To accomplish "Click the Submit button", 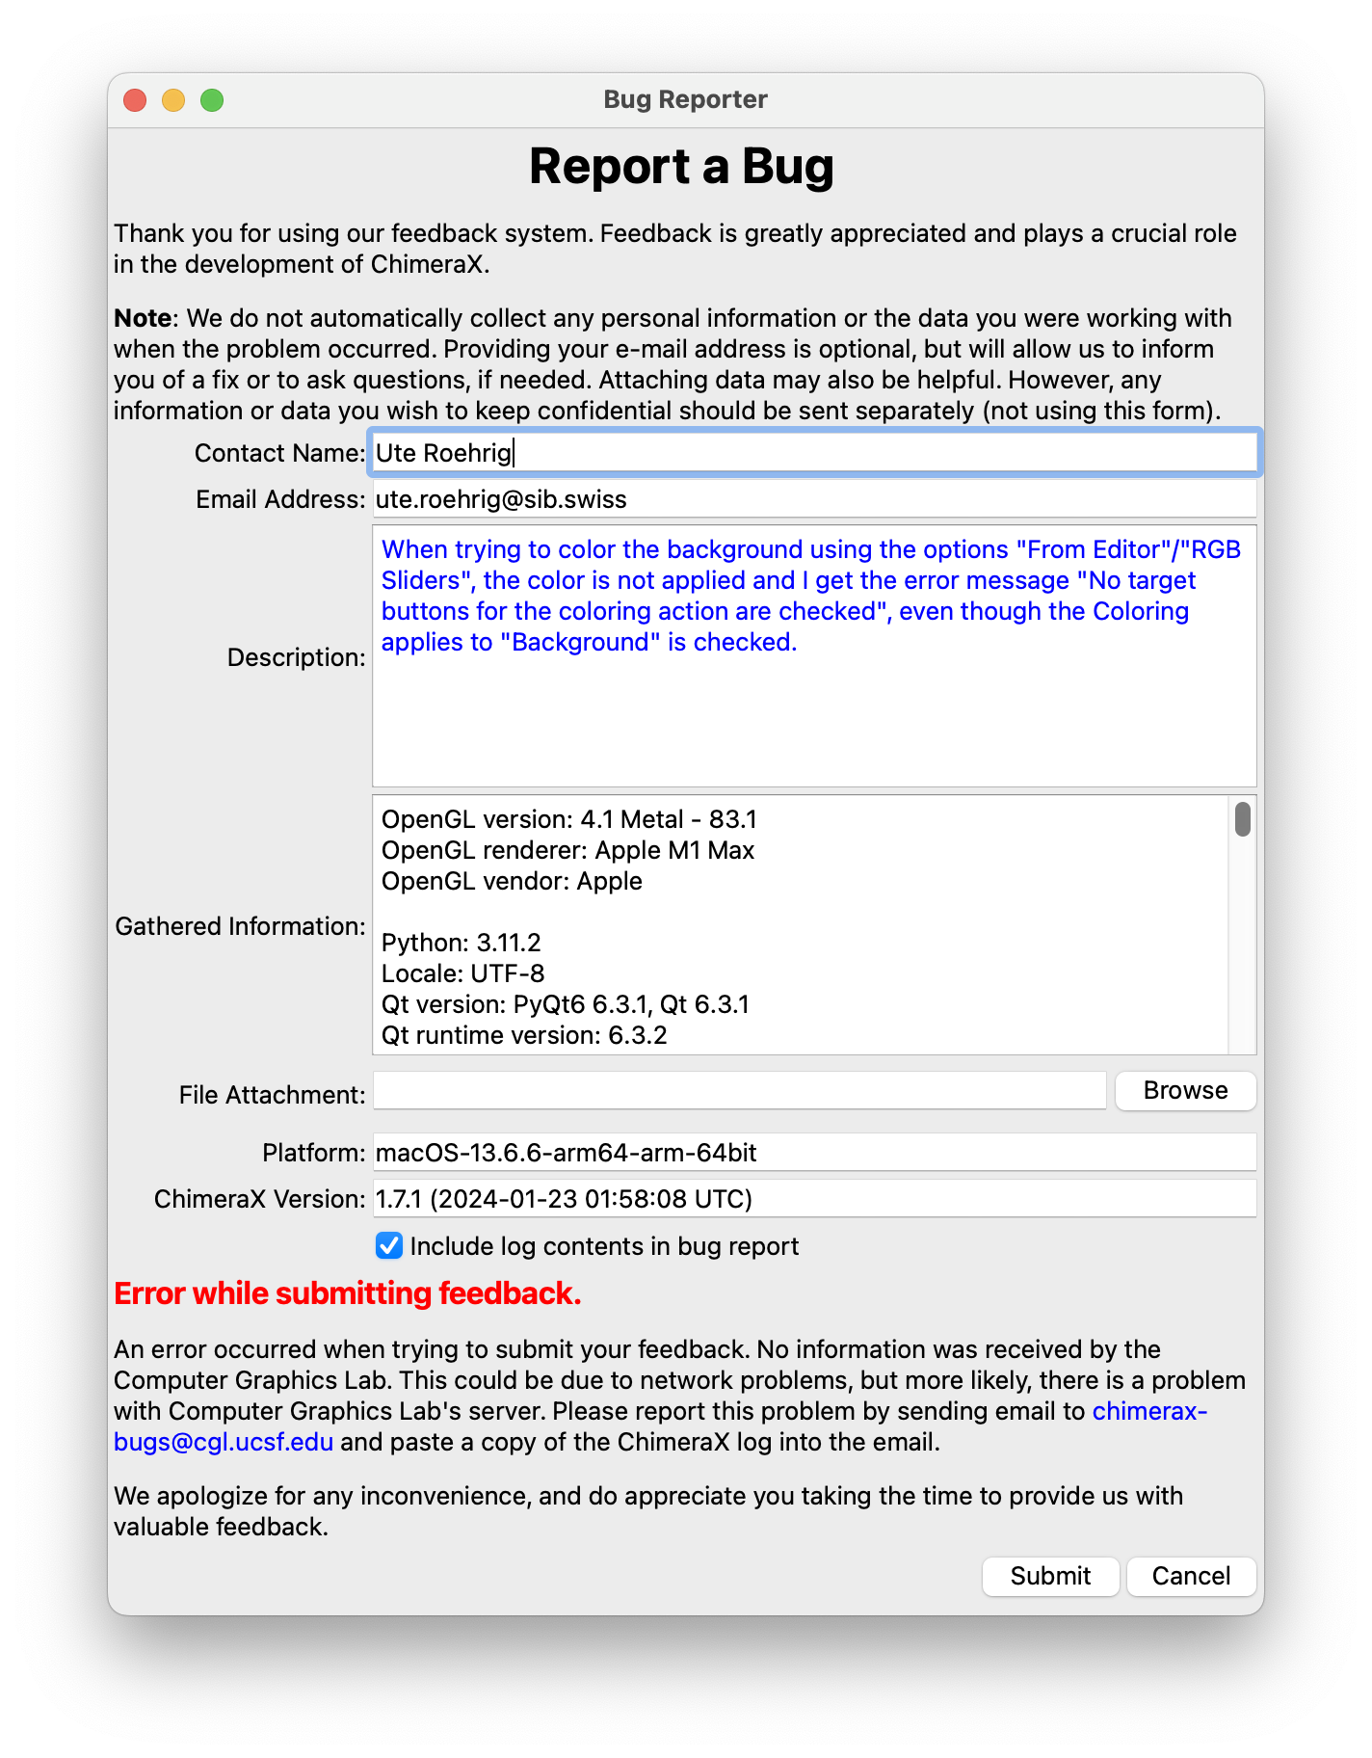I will [1050, 1576].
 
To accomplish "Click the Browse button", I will [1185, 1090].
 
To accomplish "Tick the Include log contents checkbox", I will [389, 1246].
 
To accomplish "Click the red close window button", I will [135, 100].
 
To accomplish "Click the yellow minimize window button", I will [173, 100].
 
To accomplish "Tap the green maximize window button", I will [212, 100].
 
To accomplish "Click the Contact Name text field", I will [813, 453].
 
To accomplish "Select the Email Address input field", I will [813, 499].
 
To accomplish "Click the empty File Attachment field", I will [739, 1091].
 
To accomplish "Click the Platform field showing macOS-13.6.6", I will [813, 1153].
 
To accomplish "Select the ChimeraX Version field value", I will [813, 1199].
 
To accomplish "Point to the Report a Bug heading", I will [681, 167].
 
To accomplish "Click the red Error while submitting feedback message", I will [348, 1293].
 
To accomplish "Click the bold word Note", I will [143, 318].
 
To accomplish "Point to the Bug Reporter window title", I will [685, 99].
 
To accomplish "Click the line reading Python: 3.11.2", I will [461, 943].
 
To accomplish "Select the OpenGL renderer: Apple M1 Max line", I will [567, 850].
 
